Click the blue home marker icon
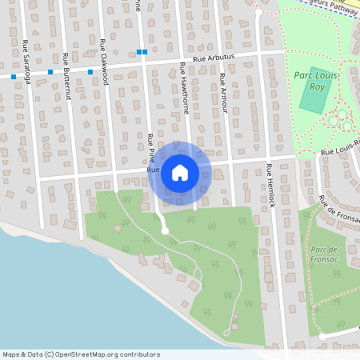(x=180, y=172)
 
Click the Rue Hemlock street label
(x=270, y=186)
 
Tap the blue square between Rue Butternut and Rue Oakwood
(x=90, y=72)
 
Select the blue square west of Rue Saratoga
(x=14, y=77)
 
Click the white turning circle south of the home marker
(x=165, y=230)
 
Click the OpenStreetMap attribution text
(x=80, y=354)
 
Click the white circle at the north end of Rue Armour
(x=258, y=13)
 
